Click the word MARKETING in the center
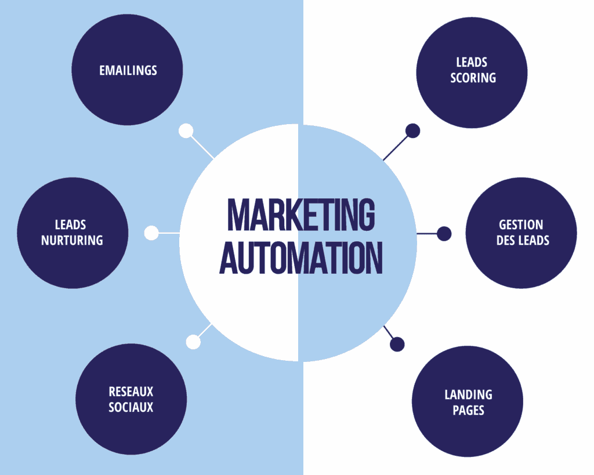(300, 215)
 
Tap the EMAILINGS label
(128, 70)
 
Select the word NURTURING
(72, 240)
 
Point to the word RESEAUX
(131, 392)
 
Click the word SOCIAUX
(131, 407)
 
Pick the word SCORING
(473, 78)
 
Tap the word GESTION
(521, 225)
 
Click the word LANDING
(468, 395)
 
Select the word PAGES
(468, 411)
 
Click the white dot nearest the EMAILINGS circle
(186, 131)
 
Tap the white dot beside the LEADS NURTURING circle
(151, 233)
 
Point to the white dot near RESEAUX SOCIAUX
(193, 342)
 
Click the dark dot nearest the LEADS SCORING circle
(412, 131)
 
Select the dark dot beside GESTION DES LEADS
(444, 234)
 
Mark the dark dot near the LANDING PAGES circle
(397, 345)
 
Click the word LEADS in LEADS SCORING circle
(472, 62)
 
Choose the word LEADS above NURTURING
(71, 225)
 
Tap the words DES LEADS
(523, 240)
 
